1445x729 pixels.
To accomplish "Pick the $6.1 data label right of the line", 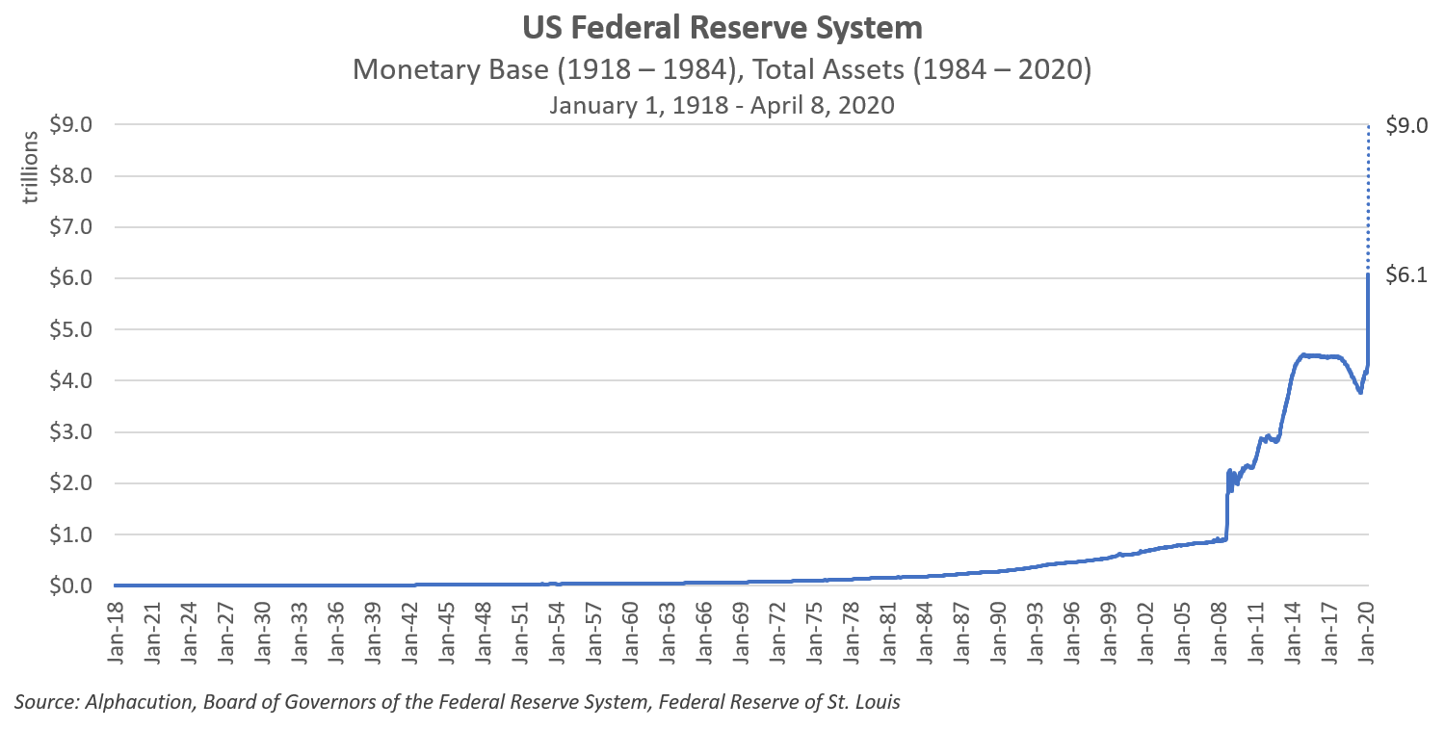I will click(x=1406, y=276).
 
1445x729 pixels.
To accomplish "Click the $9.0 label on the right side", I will click(x=1406, y=125).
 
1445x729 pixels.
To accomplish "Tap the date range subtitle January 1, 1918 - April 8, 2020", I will click(x=722, y=105).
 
